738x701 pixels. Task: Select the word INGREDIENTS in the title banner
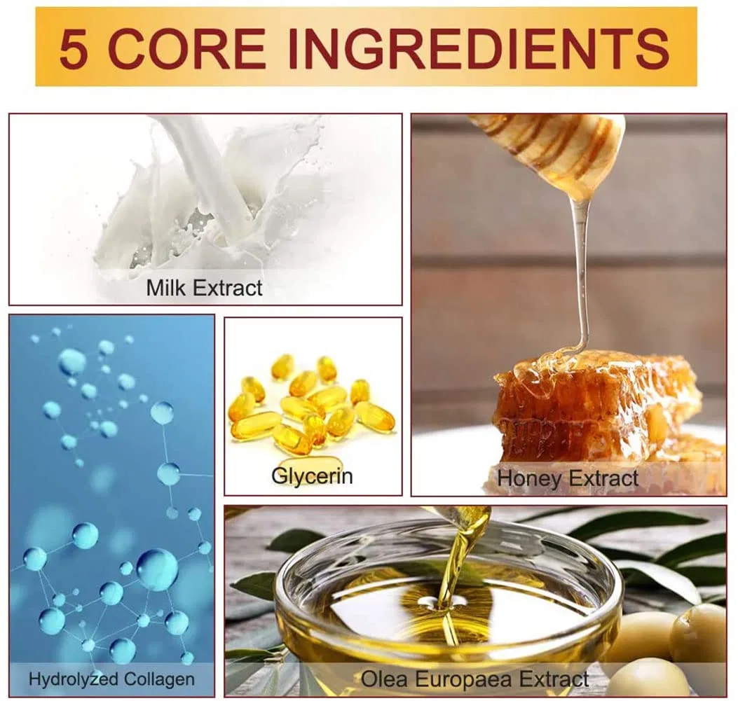click(478, 48)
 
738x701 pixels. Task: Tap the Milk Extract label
click(204, 288)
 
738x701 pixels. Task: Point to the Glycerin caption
click(312, 476)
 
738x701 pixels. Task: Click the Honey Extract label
click(568, 478)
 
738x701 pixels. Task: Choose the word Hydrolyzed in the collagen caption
click(73, 679)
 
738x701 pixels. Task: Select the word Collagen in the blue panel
click(159, 679)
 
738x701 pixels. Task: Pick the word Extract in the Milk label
click(229, 288)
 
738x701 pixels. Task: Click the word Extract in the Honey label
click(603, 478)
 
